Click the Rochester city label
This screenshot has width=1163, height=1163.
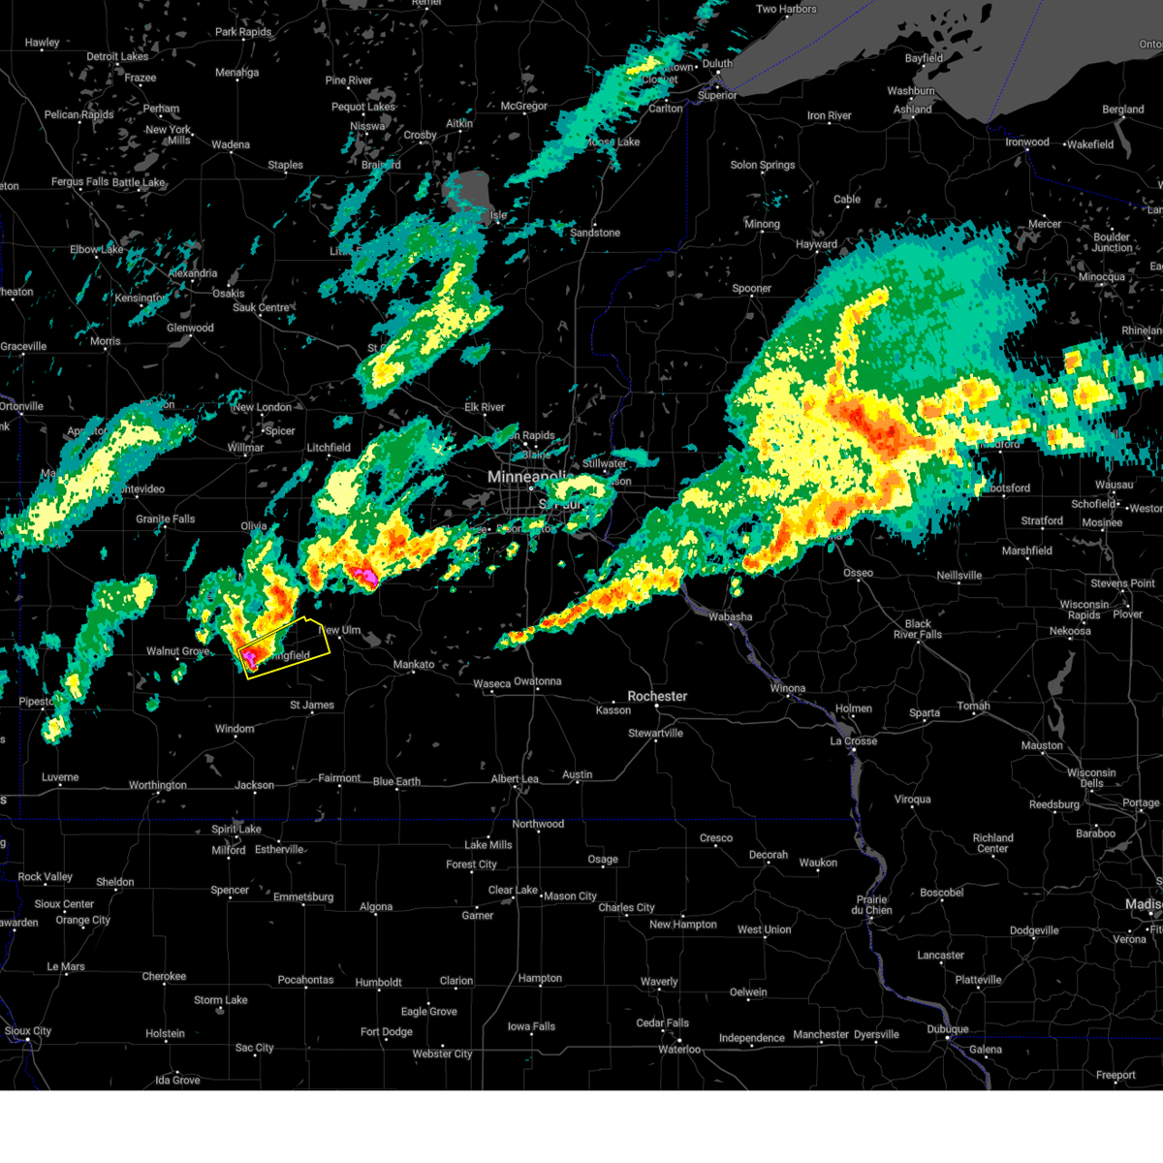click(x=657, y=696)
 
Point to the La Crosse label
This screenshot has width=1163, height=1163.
click(x=853, y=740)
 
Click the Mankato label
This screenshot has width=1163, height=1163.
click(x=414, y=665)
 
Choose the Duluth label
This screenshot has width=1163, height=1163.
click(x=717, y=64)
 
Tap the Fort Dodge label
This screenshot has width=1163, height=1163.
click(x=386, y=1032)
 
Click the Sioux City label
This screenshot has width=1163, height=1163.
click(x=28, y=1031)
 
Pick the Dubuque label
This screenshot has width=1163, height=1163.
click(x=947, y=1029)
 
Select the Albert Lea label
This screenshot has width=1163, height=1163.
click(x=515, y=779)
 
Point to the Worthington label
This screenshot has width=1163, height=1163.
click(x=158, y=785)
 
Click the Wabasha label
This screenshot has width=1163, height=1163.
click(x=730, y=616)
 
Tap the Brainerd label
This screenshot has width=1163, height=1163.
click(x=381, y=165)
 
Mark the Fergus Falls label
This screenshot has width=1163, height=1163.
click(x=80, y=182)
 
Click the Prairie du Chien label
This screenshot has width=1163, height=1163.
click(x=871, y=904)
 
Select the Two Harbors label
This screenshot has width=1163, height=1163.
click(x=786, y=10)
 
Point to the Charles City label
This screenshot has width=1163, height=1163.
click(x=626, y=907)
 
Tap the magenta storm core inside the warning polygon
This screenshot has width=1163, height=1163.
click(x=250, y=660)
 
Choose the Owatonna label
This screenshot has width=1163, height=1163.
click(x=537, y=681)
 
